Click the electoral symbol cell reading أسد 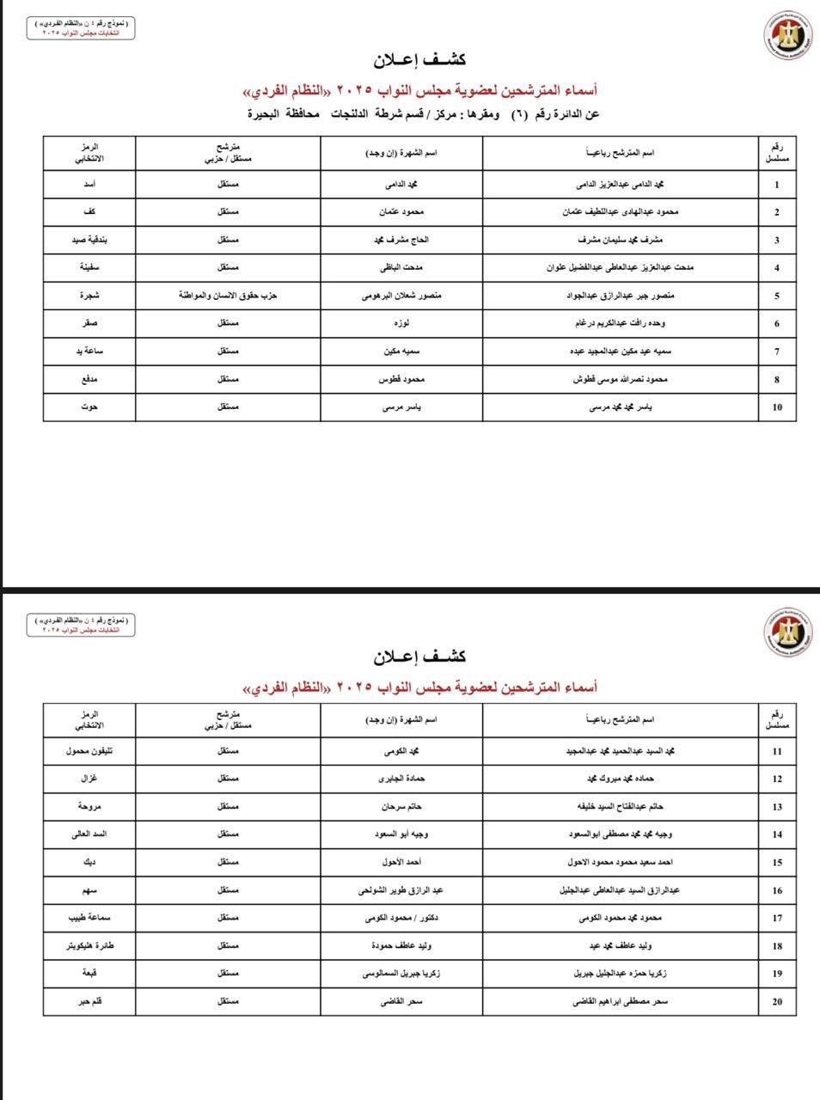click(89, 185)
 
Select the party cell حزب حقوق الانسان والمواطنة click(228, 296)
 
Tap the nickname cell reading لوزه click(401, 324)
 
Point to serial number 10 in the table click(777, 407)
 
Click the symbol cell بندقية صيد click(89, 240)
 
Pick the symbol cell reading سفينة click(89, 268)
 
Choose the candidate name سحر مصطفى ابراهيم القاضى click(621, 1001)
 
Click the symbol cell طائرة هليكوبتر click(89, 945)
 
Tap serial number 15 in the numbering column click(777, 862)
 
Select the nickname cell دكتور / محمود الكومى click(401, 918)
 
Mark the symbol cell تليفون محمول click(89, 751)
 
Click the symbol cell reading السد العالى click(89, 834)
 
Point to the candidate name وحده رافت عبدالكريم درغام click(621, 324)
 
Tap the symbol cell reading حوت click(89, 407)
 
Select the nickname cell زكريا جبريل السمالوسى click(401, 974)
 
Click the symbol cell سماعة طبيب click(89, 918)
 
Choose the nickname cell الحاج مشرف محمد click(401, 240)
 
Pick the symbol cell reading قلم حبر click(89, 1001)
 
